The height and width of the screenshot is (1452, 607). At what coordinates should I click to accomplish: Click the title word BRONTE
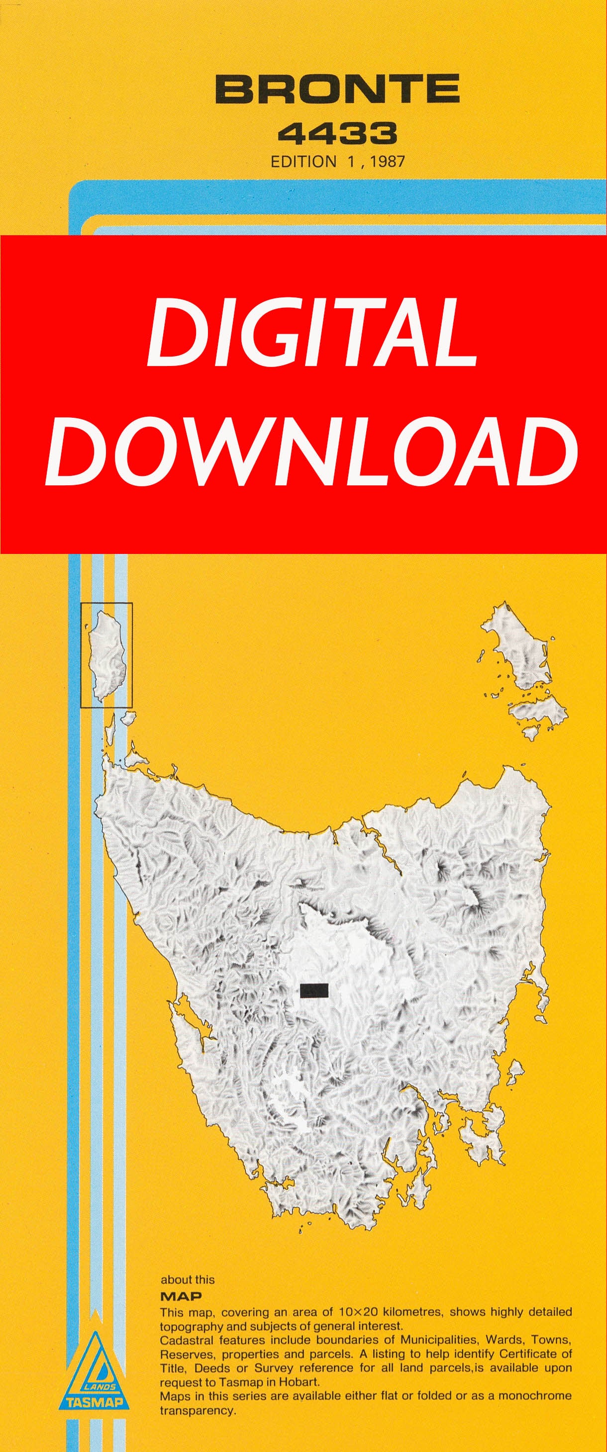(337, 89)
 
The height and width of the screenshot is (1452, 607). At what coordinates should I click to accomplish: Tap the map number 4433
(337, 135)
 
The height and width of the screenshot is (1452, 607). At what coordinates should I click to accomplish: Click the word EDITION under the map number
(303, 162)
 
